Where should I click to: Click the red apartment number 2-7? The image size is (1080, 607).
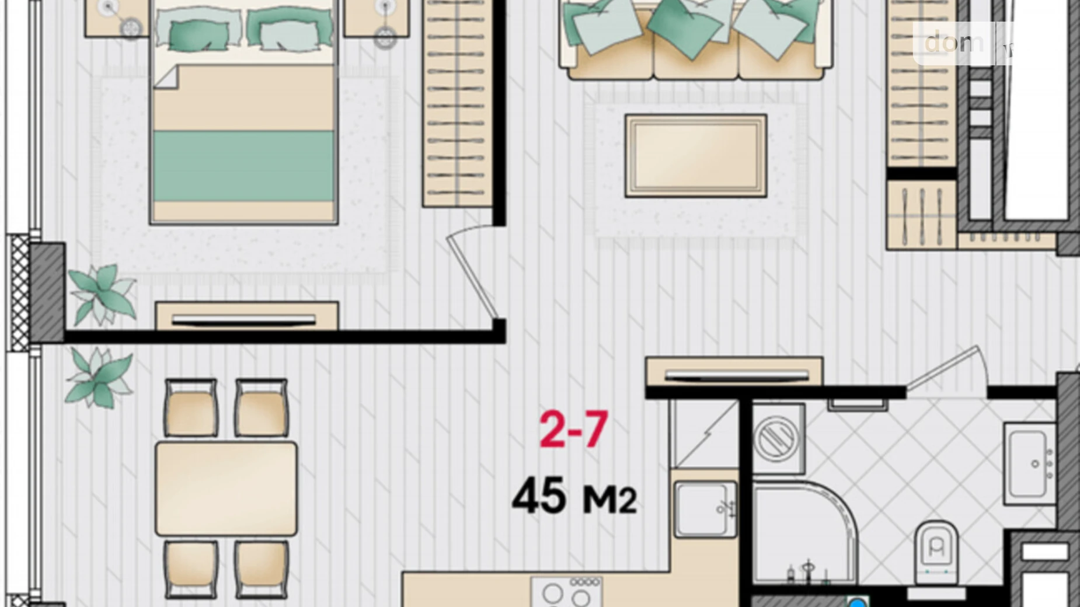[x=573, y=430]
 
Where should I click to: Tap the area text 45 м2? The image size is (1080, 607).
[x=573, y=497]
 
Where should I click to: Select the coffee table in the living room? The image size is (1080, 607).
[x=695, y=155]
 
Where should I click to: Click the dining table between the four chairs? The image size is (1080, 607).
[x=226, y=489]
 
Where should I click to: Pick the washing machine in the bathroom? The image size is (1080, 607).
[x=777, y=438]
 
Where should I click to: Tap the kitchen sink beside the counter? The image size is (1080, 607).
[x=705, y=509]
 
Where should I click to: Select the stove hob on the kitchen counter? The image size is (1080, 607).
[x=566, y=592]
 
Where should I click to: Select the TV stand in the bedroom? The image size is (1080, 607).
[x=246, y=316]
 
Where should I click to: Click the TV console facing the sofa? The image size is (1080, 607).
[x=734, y=372]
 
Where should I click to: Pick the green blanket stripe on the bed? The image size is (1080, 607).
[x=243, y=166]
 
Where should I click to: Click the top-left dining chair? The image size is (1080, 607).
[x=191, y=407]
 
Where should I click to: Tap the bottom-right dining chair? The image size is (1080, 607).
[x=261, y=568]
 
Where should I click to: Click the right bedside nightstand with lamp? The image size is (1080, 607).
[x=375, y=18]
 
